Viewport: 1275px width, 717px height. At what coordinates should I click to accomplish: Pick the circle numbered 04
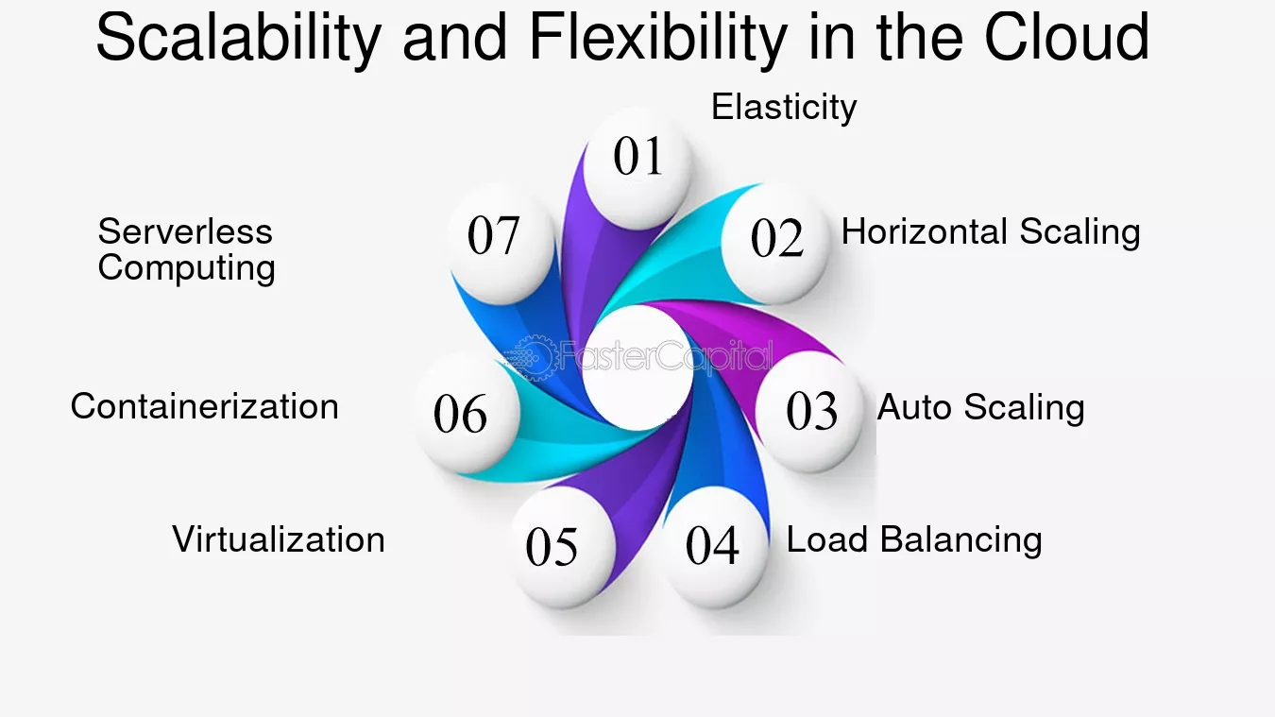point(713,548)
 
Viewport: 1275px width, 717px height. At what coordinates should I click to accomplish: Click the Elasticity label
point(784,107)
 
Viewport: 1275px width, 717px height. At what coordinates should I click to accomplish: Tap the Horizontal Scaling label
point(991,232)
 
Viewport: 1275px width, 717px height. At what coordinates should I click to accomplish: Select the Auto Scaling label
point(981,408)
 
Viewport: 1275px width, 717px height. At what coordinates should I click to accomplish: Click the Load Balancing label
point(914,540)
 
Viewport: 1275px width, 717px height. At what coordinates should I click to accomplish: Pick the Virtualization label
point(279,540)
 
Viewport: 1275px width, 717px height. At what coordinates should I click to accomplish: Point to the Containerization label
point(204,407)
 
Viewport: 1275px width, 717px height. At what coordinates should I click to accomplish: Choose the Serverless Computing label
point(186,249)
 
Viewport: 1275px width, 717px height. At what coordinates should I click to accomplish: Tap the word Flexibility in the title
point(657,38)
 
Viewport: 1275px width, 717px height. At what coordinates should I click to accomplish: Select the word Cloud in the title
point(1066,38)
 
